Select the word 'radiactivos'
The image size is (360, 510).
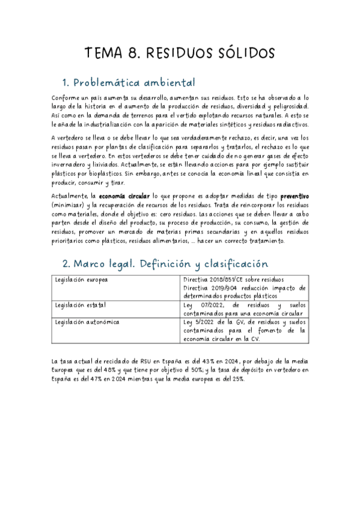(290, 124)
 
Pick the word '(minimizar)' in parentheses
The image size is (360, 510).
(70, 205)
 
